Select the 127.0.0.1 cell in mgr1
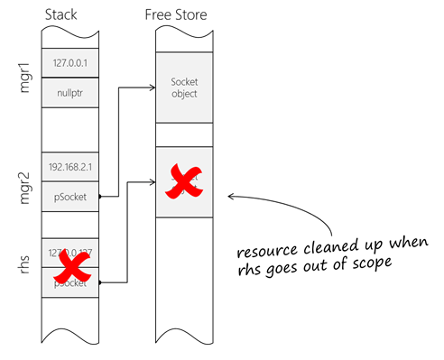coord(69,63)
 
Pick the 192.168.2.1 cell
coord(69,166)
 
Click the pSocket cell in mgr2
coord(69,194)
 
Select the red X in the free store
coord(184,180)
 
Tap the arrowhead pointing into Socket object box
coord(152,88)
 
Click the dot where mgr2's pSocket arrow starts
coord(98,195)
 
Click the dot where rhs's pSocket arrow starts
coord(98,282)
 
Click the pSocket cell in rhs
coord(69,282)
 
